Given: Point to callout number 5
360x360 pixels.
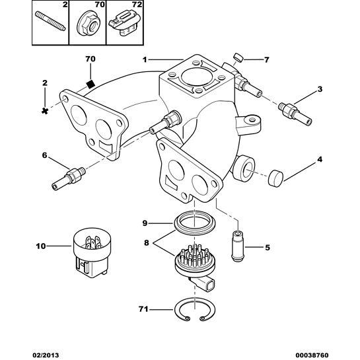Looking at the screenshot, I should click(x=268, y=248).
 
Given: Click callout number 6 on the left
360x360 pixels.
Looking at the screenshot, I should click(x=45, y=156).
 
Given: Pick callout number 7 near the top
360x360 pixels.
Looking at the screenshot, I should click(x=267, y=59).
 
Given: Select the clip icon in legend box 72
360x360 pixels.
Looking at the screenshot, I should click(x=124, y=24).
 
